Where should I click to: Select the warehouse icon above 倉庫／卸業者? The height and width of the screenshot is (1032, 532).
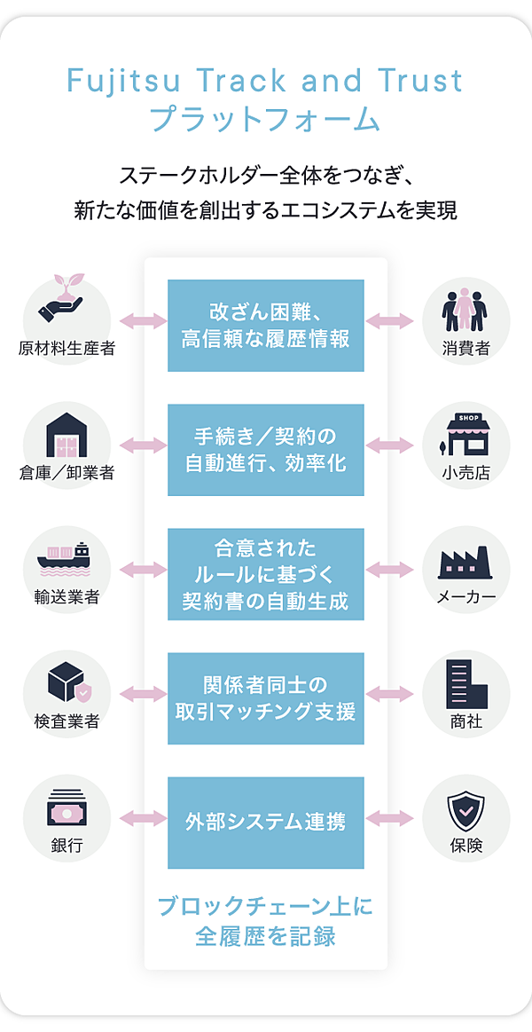pos(67,434)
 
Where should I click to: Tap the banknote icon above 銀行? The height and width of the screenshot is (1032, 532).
pos(66,808)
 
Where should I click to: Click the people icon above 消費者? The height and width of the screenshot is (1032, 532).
pos(466,310)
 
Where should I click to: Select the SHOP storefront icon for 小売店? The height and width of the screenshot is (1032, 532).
pos(466,434)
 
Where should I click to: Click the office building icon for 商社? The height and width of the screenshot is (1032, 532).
pos(466,684)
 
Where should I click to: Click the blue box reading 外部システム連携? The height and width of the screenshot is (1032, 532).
pos(266,822)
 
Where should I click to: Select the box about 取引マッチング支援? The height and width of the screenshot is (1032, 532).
pos(266,698)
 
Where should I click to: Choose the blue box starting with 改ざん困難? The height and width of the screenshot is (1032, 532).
pos(266,326)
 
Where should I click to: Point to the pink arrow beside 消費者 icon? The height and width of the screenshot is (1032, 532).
pos(390,321)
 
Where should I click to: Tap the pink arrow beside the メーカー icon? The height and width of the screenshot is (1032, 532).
pos(390,569)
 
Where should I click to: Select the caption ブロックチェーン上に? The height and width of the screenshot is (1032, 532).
pos(265,907)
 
